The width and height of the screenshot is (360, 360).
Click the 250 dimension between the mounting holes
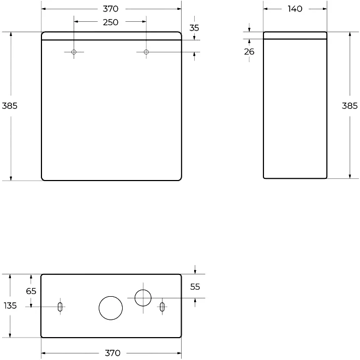pos(111,22)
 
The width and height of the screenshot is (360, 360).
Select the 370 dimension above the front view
pos(111,9)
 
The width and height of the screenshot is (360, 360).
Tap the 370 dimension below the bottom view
pos(112,353)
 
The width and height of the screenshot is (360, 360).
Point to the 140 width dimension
pos(295,9)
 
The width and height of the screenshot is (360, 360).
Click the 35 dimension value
pos(194,27)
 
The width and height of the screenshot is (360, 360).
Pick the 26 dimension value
pos(249,52)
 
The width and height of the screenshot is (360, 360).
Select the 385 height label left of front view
pos(9,106)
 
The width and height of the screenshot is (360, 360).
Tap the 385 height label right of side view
pos(350,106)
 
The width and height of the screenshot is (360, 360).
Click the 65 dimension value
pos(31,291)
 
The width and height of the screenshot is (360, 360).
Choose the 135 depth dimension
pos(10,306)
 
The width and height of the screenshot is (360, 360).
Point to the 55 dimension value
pos(195,286)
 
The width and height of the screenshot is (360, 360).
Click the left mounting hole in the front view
pos(74,52)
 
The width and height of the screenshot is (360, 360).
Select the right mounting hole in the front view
pos(146,52)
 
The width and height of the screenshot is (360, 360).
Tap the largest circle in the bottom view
pos(111,308)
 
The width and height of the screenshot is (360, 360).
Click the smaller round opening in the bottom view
pos(143,298)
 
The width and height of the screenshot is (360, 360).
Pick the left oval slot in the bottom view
pos(60,307)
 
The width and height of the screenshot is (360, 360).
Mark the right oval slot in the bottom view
pos(162,307)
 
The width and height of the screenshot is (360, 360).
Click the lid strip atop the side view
pos(295,35)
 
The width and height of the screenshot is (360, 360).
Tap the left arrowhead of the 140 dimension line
pos(266,9)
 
